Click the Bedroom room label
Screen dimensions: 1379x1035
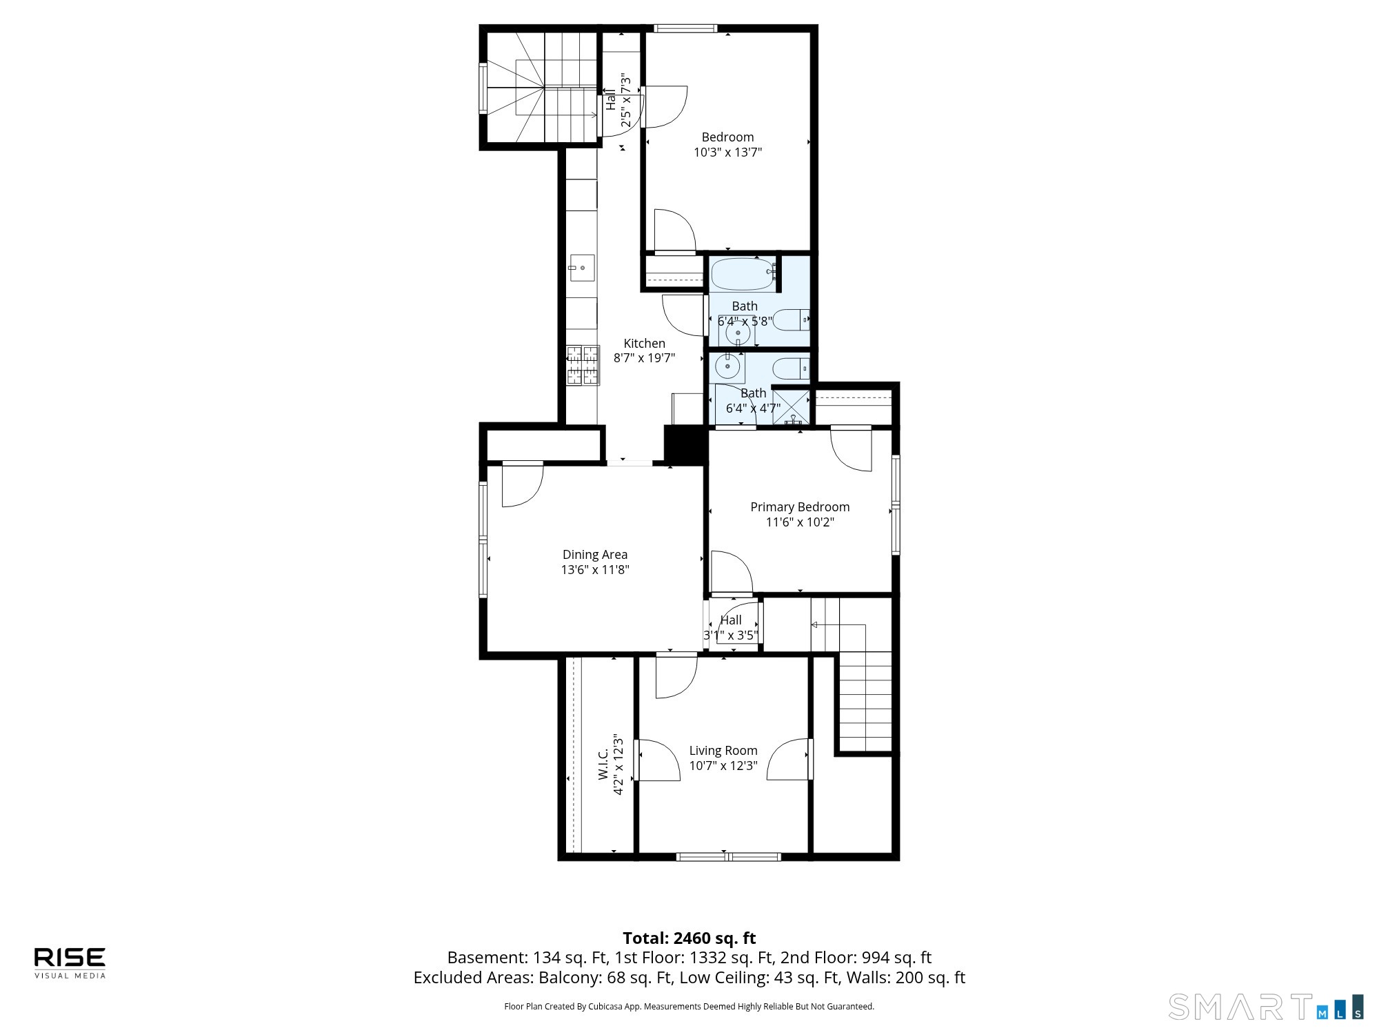click(x=727, y=137)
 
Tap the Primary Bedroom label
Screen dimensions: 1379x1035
click(x=800, y=507)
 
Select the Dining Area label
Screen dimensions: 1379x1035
click(x=595, y=555)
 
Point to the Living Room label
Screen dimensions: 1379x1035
click(x=723, y=751)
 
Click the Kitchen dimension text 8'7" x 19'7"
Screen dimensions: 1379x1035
click(x=644, y=358)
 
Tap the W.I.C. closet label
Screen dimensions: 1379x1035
click(x=603, y=765)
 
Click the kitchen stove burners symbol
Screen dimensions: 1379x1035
click(x=583, y=365)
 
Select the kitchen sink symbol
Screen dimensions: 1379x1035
click(x=582, y=268)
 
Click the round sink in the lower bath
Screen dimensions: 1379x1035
click(x=727, y=366)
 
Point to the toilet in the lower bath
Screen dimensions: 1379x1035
click(x=792, y=369)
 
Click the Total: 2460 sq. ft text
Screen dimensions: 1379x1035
click(x=689, y=938)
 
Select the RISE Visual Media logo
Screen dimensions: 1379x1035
click(x=70, y=963)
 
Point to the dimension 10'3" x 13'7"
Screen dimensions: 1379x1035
click(x=727, y=152)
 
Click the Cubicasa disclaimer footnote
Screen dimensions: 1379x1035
click(x=689, y=1007)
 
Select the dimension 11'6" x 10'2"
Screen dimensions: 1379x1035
click(x=800, y=522)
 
